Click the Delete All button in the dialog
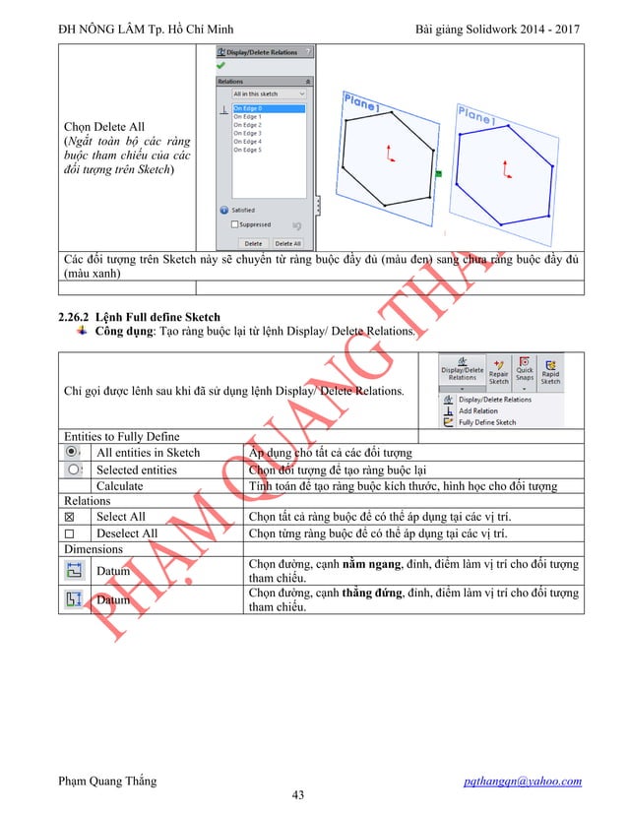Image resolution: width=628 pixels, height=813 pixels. click(288, 242)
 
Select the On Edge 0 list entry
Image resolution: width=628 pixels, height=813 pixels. click(247, 108)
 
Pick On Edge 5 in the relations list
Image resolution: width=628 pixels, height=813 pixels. click(247, 150)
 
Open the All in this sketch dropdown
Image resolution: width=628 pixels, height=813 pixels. click(269, 94)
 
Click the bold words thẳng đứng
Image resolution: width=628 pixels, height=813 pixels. click(374, 594)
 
